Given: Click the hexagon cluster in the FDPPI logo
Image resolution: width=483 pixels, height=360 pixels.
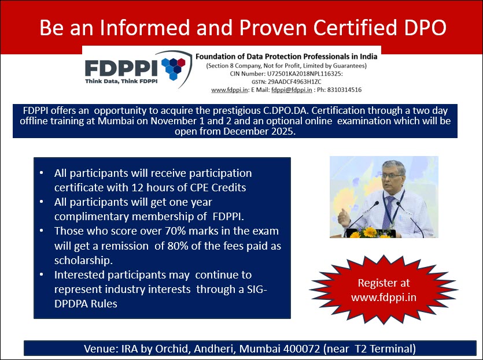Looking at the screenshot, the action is [x=174, y=68].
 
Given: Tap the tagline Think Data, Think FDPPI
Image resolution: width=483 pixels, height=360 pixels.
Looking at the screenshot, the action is [x=121, y=81].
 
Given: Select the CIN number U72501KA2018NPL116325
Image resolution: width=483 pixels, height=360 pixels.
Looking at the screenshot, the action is [x=304, y=74].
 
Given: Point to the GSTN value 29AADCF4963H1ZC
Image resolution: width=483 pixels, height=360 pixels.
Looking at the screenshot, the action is [x=294, y=82].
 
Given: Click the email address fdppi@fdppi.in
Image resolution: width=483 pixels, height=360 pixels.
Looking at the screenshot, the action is [x=292, y=90].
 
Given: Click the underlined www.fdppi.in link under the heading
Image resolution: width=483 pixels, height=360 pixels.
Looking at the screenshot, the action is [x=230, y=90].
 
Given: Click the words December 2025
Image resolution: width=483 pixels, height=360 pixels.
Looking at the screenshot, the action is [x=259, y=131].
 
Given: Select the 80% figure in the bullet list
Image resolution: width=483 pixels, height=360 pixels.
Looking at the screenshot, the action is [x=177, y=246].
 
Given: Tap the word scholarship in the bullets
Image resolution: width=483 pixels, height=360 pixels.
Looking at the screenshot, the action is [x=82, y=261].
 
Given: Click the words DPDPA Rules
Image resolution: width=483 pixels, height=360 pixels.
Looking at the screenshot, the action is [x=86, y=304].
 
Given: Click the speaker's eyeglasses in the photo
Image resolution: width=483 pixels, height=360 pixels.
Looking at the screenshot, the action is [x=392, y=176].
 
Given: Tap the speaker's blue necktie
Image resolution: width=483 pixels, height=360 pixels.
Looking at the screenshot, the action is [x=388, y=211].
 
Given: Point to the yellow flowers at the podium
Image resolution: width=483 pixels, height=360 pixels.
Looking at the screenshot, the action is [x=370, y=233].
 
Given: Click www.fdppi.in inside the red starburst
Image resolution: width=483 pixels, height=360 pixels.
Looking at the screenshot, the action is [x=384, y=298].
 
